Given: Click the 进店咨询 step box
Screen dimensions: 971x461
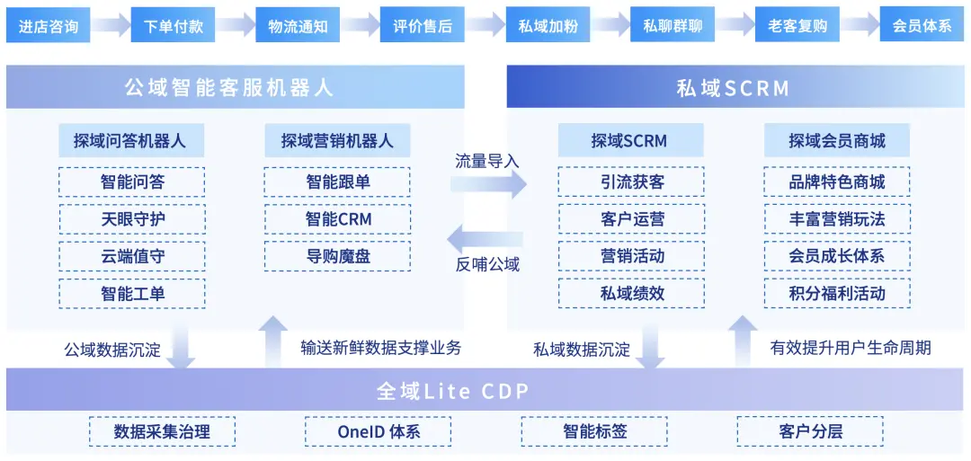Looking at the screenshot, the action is (x=49, y=25).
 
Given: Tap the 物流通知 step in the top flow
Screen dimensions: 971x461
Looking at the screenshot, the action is (x=298, y=25).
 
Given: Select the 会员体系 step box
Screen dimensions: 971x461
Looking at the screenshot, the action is (x=922, y=25).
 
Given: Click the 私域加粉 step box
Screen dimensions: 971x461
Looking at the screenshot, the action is (x=548, y=25).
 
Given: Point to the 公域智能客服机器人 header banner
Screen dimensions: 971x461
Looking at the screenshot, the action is (x=236, y=87).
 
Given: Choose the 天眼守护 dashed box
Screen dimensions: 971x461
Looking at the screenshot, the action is (x=132, y=218).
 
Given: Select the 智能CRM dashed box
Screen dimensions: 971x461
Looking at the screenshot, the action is (x=337, y=218).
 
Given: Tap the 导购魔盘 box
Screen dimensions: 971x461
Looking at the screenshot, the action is (x=337, y=255).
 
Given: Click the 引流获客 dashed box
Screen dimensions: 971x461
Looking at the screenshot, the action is (x=632, y=182).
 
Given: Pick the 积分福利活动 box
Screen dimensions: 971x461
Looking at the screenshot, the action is (x=837, y=293).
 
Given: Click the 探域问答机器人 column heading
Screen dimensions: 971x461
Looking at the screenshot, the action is (x=132, y=140).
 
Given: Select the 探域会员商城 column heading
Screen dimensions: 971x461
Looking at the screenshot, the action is (x=837, y=140).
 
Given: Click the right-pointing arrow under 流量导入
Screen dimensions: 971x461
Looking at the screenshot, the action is (x=488, y=183).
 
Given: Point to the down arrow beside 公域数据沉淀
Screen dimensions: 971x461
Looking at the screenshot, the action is (x=181, y=350).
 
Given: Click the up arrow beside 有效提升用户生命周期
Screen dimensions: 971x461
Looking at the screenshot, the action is (x=744, y=340).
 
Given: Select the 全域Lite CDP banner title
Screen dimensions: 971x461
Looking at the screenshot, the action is (x=452, y=392).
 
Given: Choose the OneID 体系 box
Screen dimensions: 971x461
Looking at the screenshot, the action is (x=379, y=431).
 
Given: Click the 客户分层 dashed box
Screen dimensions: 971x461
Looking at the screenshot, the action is (x=810, y=431).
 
